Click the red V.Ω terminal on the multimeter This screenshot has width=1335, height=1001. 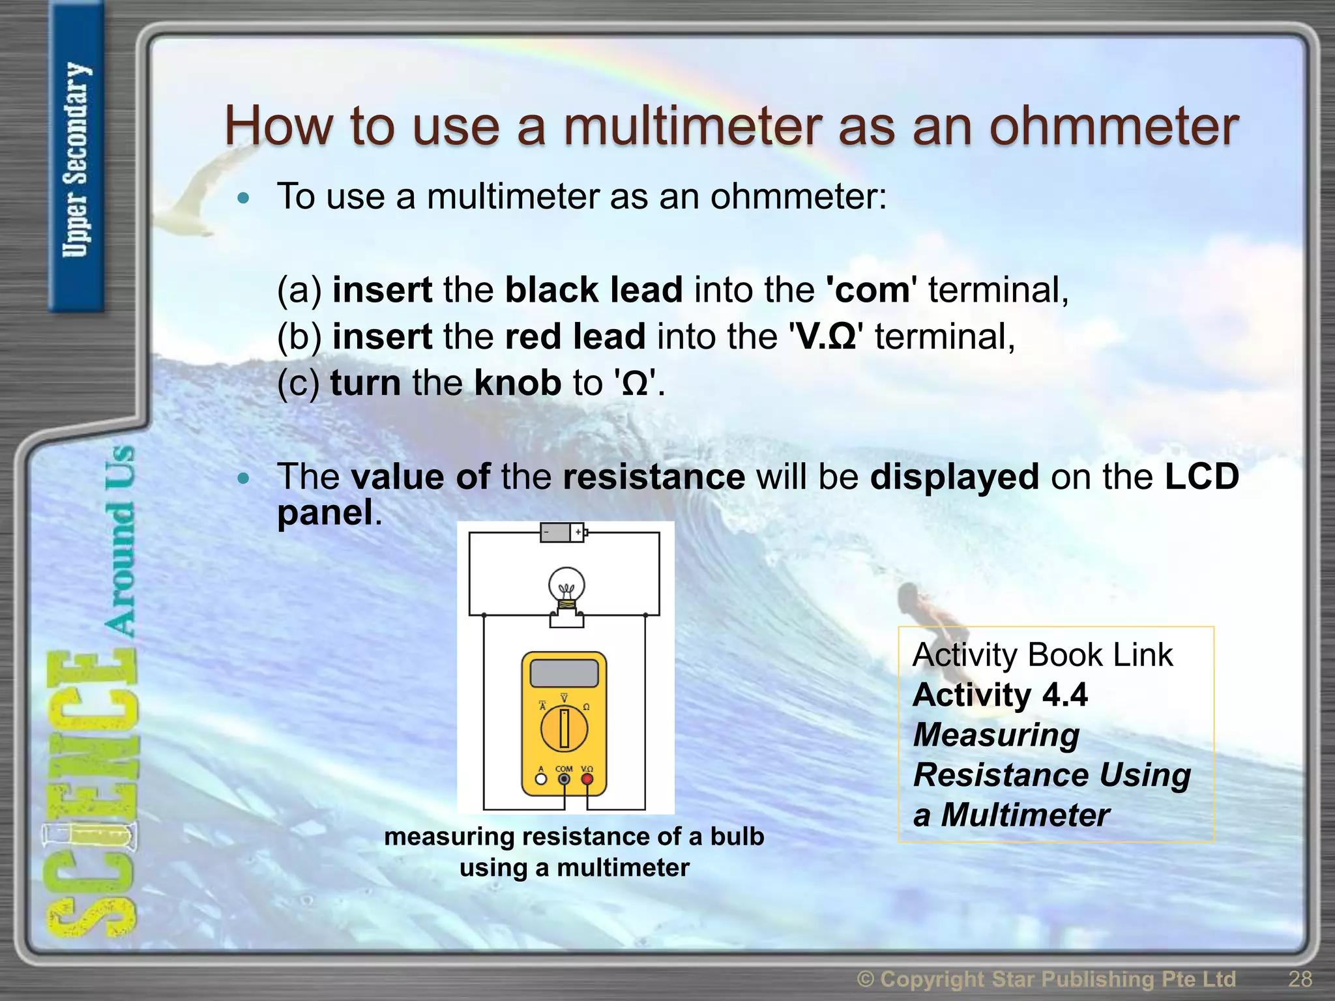(587, 779)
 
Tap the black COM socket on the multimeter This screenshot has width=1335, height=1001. (565, 779)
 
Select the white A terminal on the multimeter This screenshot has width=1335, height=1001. (540, 779)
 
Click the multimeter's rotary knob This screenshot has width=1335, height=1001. (565, 728)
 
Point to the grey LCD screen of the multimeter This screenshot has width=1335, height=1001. (565, 673)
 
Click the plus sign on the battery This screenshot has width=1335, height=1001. (578, 532)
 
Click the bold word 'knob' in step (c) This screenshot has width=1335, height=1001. (518, 383)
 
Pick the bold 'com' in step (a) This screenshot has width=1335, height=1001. (872, 289)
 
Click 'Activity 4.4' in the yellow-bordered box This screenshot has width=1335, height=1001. (1000, 695)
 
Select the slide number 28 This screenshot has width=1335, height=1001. (1300, 979)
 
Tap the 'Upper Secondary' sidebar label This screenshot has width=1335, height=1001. (76, 160)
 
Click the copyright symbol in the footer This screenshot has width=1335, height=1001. (866, 979)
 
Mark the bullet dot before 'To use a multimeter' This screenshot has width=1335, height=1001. (244, 198)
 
